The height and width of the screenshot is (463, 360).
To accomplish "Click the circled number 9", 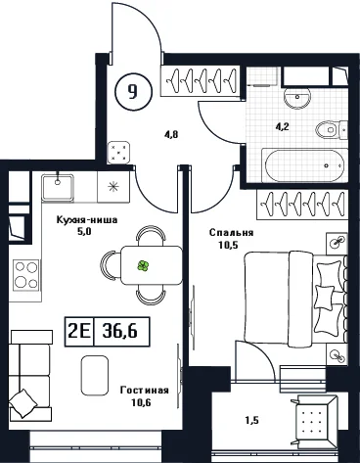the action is (133, 91).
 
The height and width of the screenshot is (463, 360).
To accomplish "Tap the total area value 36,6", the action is (119, 331).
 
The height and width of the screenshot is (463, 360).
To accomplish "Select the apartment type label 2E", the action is (78, 332).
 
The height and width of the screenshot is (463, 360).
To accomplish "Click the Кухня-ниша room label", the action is (87, 220).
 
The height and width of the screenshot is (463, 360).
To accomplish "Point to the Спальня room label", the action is (232, 233).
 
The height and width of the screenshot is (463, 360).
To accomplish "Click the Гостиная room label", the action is (145, 391).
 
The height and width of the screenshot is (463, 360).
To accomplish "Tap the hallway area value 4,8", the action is (171, 134).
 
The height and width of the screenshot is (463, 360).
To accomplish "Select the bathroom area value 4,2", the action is (283, 126).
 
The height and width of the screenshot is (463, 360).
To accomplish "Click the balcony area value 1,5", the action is (251, 421).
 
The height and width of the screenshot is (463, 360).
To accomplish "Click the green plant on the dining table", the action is (143, 266).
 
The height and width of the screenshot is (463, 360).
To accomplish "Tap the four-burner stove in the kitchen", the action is (25, 275).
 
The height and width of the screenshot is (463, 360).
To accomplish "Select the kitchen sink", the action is (58, 187).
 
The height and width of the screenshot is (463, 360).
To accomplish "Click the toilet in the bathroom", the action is (331, 130).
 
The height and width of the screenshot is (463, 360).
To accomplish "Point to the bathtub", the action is (304, 165).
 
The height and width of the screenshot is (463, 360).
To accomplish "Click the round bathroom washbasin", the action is (296, 98).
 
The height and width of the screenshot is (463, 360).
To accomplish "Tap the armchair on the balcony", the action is (314, 420).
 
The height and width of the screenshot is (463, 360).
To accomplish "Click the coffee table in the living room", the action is (95, 375).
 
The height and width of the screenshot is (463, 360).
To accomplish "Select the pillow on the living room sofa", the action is (22, 403).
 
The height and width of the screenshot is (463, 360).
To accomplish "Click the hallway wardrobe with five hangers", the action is (200, 80).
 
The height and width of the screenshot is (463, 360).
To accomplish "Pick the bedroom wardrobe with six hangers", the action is (301, 205).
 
